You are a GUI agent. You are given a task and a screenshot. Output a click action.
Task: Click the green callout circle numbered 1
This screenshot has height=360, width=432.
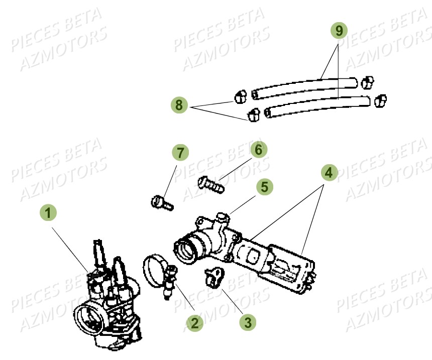49,213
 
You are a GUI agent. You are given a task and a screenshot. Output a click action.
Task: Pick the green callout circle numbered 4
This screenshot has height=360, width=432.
328,173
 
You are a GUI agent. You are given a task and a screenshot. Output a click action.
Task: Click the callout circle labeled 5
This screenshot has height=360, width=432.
265,187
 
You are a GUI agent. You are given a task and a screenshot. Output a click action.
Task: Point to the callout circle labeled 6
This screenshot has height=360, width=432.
258,150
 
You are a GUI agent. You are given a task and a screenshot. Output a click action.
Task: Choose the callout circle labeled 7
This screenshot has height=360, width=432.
180,152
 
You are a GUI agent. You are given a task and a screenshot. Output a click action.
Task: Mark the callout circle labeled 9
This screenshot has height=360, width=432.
339,31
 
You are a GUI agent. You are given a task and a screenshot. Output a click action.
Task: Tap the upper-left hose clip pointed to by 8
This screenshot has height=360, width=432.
240,95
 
